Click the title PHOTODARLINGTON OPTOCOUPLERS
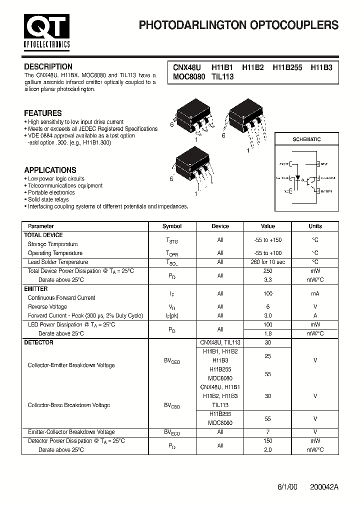(x=238, y=25)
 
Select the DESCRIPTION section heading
(x=48, y=66)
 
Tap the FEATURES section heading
(x=43, y=113)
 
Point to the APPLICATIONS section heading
(x=50, y=170)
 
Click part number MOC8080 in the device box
(x=189, y=77)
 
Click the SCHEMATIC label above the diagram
(x=306, y=139)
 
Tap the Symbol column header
(x=172, y=226)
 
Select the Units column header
(x=315, y=226)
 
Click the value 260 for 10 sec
(x=268, y=262)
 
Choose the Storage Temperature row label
(x=52, y=244)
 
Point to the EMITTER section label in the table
(x=36, y=289)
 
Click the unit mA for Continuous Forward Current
(x=315, y=294)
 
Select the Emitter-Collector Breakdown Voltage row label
(x=71, y=432)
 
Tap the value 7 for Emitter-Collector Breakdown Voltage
(x=268, y=432)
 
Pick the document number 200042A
(x=324, y=486)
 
